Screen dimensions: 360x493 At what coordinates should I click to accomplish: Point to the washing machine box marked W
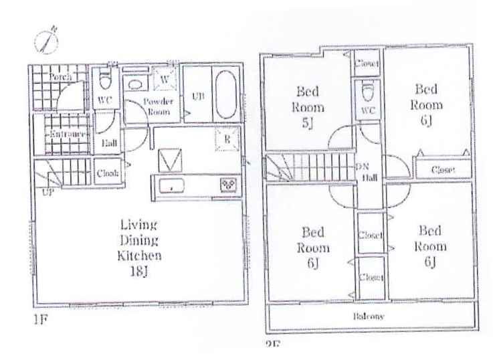click(164, 80)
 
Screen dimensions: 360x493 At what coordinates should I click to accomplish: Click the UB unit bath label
click(197, 95)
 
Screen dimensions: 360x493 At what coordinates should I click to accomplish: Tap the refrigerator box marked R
click(226, 139)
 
